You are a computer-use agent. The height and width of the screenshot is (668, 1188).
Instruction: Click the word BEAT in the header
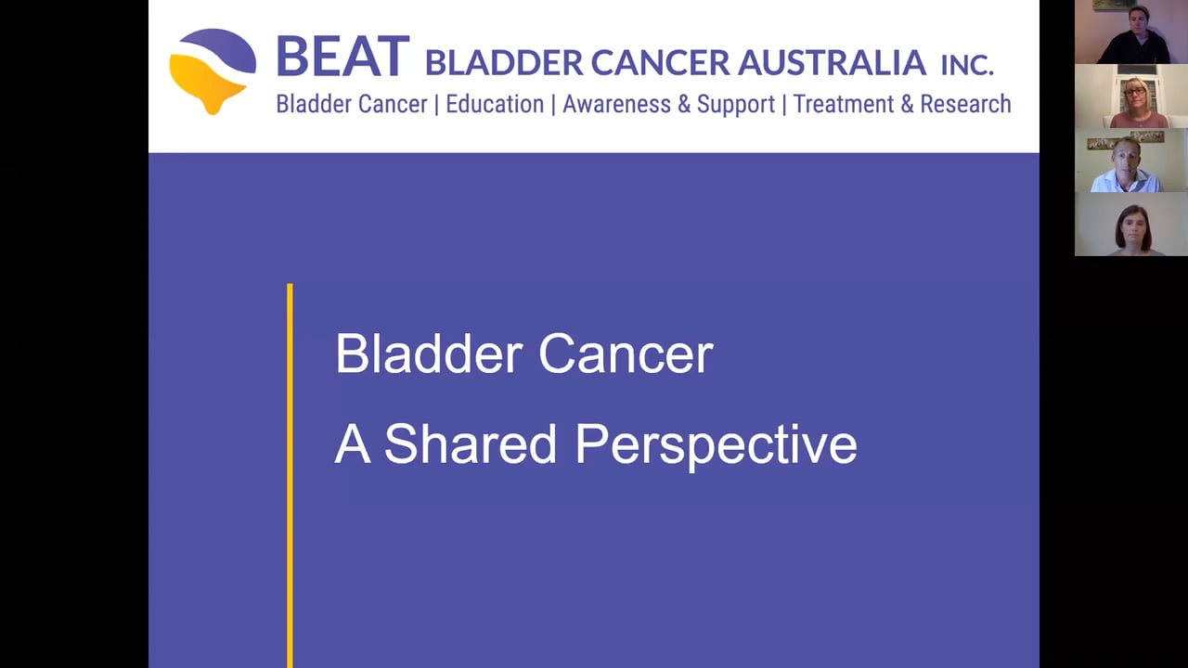(342, 57)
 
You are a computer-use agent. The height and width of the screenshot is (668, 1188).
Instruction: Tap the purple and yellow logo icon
(213, 71)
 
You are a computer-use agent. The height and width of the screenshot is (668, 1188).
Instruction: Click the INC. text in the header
(966, 64)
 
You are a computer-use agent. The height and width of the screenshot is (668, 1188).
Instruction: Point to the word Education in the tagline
(495, 104)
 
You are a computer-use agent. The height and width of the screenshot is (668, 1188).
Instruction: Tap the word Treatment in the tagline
(837, 104)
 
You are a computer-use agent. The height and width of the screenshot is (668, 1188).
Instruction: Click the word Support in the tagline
(735, 105)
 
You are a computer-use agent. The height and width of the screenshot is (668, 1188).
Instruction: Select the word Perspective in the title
(716, 444)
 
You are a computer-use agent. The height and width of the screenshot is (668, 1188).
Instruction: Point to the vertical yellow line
(291, 473)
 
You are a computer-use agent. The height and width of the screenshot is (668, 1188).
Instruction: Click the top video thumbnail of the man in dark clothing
(1130, 32)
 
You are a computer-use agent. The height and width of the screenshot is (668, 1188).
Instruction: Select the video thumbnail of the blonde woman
(1130, 96)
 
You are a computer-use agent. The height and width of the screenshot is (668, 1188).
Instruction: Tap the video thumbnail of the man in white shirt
(1130, 161)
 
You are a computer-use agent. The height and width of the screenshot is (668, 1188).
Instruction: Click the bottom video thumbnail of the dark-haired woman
(1130, 225)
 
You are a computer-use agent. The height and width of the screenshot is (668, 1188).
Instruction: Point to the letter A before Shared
(352, 443)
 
